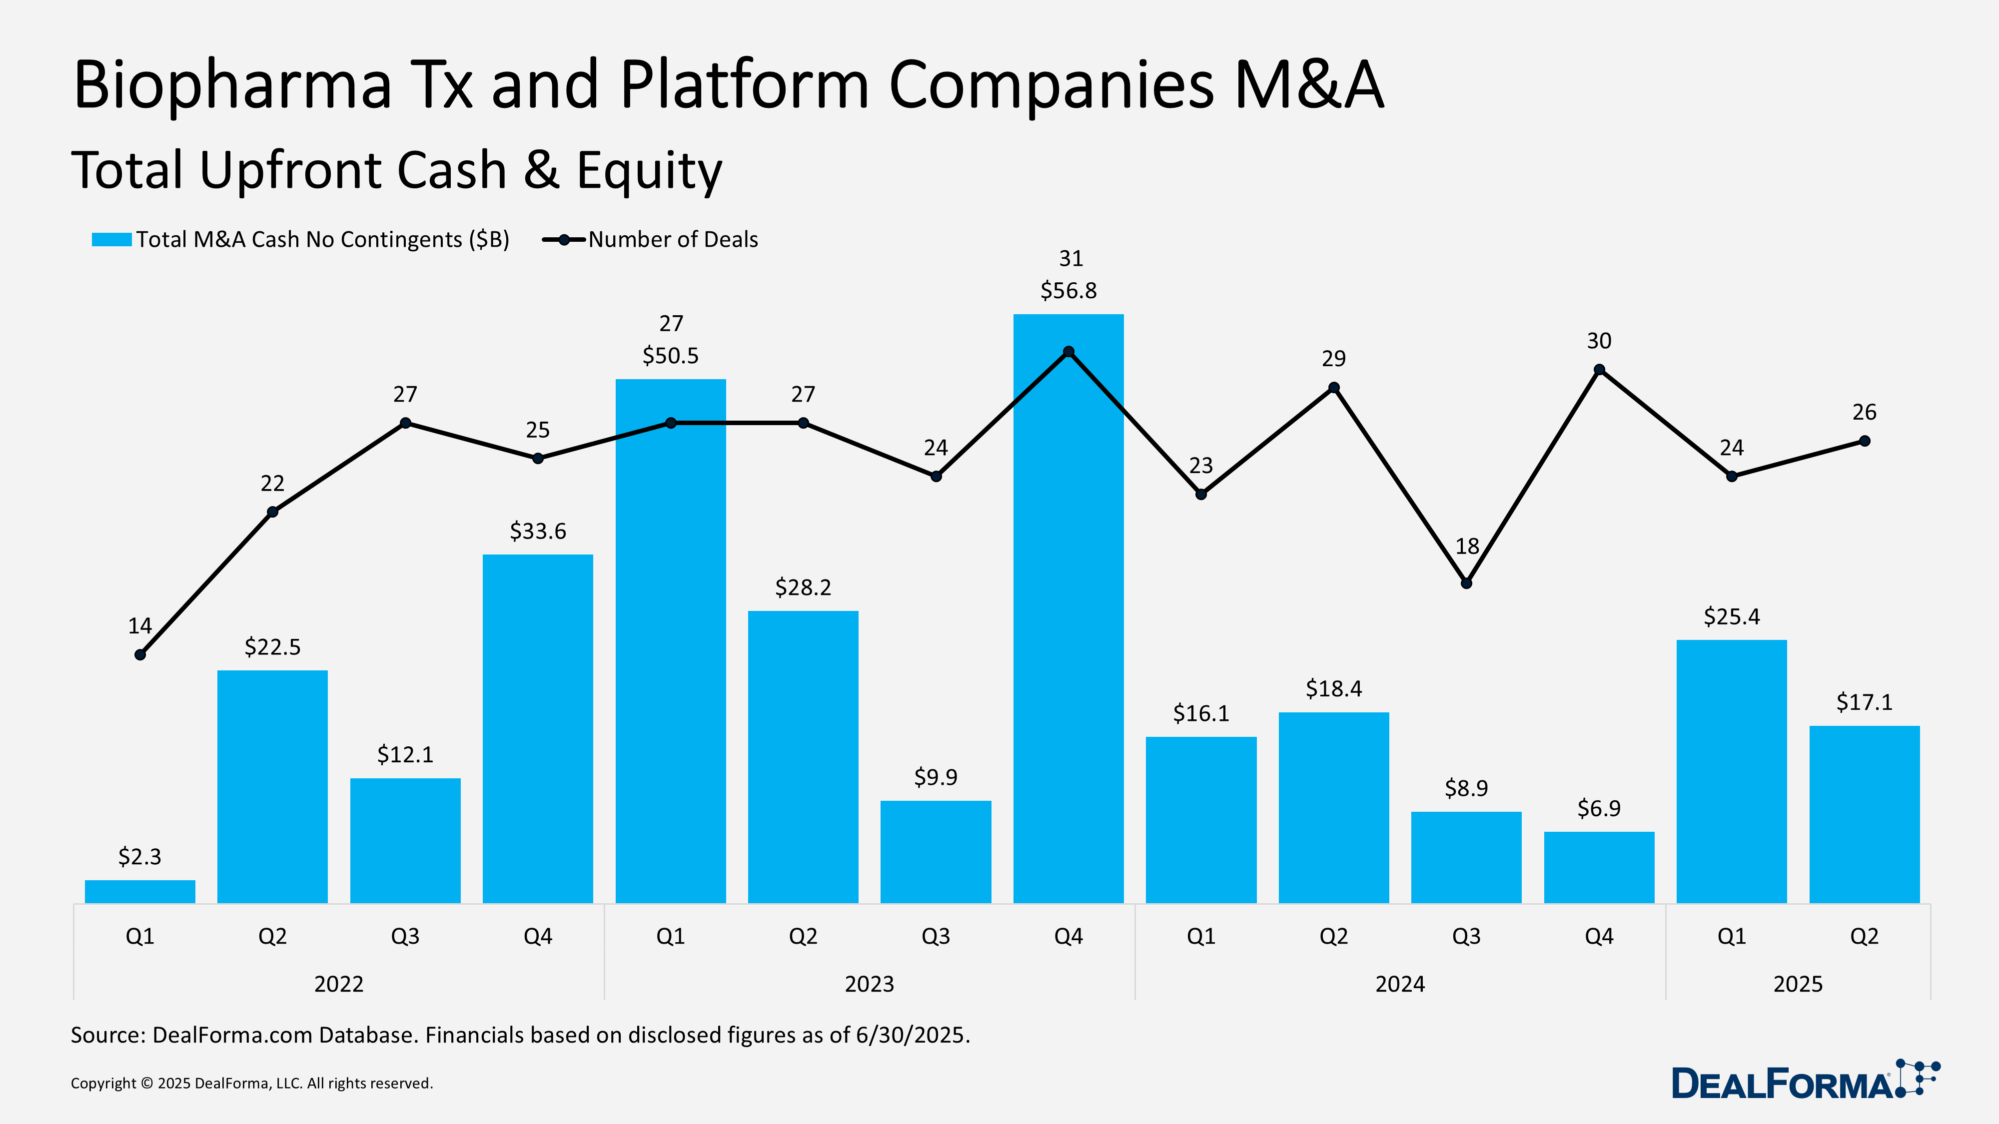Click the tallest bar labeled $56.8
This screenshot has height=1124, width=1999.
(x=1068, y=620)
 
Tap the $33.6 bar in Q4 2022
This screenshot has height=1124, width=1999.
(x=538, y=729)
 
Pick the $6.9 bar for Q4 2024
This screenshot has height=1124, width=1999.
(x=1599, y=867)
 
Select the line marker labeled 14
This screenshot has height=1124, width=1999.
(x=140, y=655)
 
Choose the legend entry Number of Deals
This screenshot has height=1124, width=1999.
(x=672, y=240)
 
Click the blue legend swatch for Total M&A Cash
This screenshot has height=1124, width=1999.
(x=112, y=240)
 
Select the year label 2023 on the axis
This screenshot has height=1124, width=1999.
(x=869, y=984)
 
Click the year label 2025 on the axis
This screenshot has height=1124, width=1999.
(x=1797, y=984)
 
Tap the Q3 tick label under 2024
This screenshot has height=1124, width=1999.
(x=1466, y=936)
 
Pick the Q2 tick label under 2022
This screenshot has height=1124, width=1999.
(x=272, y=936)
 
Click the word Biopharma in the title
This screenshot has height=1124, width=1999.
(x=233, y=85)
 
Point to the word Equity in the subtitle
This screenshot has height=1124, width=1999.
(x=649, y=171)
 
